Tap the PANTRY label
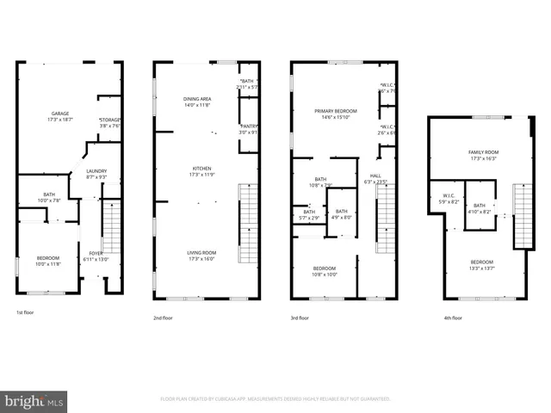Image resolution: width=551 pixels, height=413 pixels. click(x=247, y=128)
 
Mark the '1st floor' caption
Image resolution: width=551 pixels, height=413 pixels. click(x=26, y=312)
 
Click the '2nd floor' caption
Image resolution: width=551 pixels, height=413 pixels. click(x=163, y=317)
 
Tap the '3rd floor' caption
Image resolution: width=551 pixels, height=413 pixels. click(x=300, y=317)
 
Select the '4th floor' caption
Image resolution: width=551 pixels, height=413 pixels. click(x=453, y=317)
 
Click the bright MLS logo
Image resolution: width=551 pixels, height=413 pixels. click(x=34, y=401)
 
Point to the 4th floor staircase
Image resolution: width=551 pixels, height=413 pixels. click(x=519, y=215)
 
